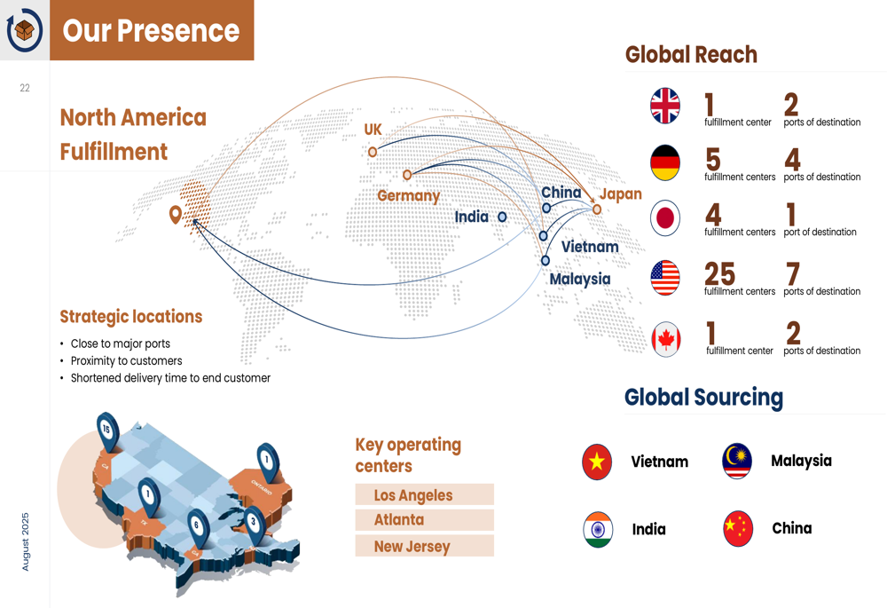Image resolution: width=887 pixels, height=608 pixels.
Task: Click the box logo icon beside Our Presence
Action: click(24, 30)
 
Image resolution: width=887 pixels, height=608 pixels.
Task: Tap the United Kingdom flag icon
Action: click(664, 106)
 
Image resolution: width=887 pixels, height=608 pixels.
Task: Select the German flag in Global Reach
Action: click(664, 162)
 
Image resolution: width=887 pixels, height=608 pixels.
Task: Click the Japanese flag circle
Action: click(664, 218)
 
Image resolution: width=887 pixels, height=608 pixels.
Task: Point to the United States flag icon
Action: click(664, 278)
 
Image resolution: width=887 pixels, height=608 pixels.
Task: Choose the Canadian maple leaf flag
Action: click(666, 339)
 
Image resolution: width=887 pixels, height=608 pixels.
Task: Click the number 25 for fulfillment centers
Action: click(719, 274)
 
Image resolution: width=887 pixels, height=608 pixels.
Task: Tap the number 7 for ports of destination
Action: click(792, 274)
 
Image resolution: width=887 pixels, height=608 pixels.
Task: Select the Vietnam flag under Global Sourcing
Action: click(597, 462)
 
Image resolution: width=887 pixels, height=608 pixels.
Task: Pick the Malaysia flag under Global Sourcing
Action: click(736, 461)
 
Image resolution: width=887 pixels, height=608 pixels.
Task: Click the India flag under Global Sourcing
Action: click(598, 529)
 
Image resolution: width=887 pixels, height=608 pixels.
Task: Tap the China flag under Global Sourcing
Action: click(738, 528)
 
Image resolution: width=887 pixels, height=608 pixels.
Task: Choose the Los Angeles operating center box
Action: click(424, 494)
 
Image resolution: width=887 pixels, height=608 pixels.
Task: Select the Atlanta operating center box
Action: click(424, 520)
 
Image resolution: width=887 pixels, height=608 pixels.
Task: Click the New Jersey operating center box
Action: click(424, 546)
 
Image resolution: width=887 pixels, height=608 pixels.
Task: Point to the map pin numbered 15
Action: click(107, 431)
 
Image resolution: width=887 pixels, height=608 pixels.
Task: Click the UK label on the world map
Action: click(373, 130)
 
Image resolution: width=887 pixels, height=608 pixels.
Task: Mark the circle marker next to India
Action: click(502, 217)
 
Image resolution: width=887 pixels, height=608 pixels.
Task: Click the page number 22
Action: click(25, 88)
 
